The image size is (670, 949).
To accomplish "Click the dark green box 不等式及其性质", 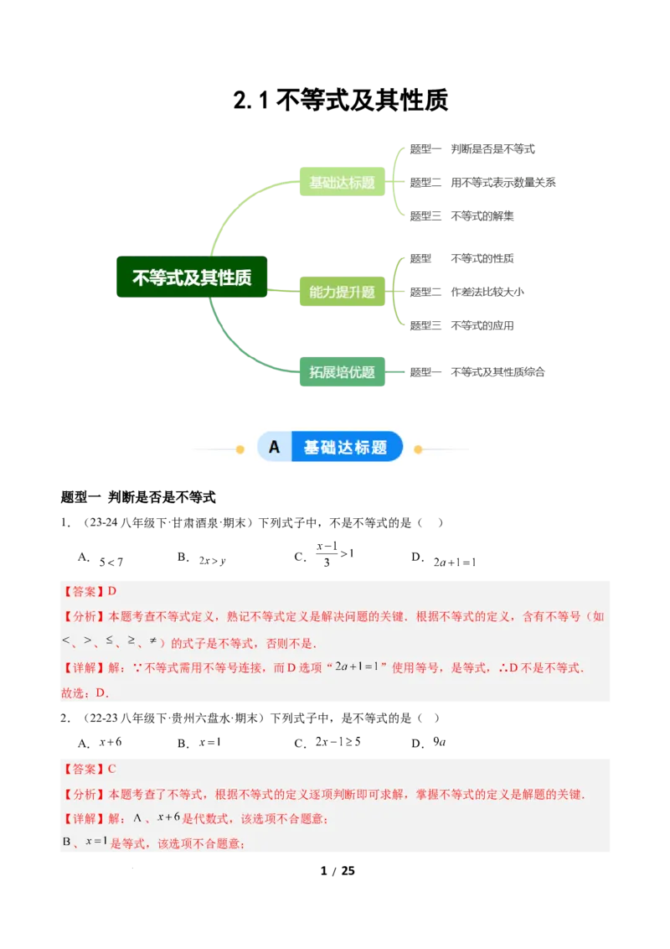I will click(x=192, y=277).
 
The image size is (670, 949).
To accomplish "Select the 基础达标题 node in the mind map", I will click(x=342, y=182).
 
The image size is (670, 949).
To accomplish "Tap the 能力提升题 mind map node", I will click(x=342, y=293).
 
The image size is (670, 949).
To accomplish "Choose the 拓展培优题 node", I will click(x=342, y=372).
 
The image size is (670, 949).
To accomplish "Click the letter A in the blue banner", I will click(x=274, y=447).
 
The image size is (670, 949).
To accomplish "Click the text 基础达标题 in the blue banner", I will click(x=346, y=447).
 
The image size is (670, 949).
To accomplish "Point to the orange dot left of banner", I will click(x=240, y=449).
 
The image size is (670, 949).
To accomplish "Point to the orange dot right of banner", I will click(x=419, y=449).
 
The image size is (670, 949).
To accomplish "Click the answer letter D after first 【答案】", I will click(x=112, y=591).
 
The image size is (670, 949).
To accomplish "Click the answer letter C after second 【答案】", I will click(x=112, y=768).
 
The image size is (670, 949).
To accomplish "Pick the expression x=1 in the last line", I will click(x=96, y=841).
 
